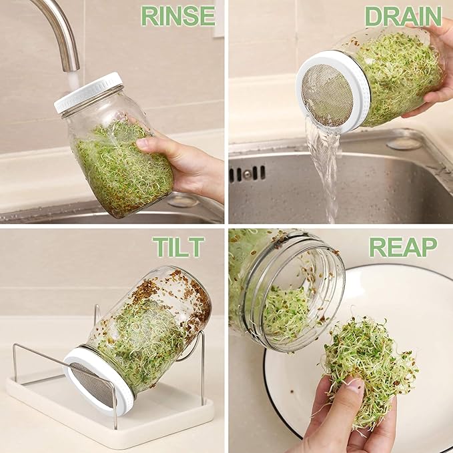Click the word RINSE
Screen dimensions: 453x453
[179, 15]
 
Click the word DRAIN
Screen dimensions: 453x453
[403, 15]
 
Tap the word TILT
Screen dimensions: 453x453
[178, 247]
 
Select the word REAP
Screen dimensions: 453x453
[403, 247]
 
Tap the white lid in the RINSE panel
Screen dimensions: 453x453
[87, 92]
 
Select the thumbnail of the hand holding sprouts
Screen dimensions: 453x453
[354, 386]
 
